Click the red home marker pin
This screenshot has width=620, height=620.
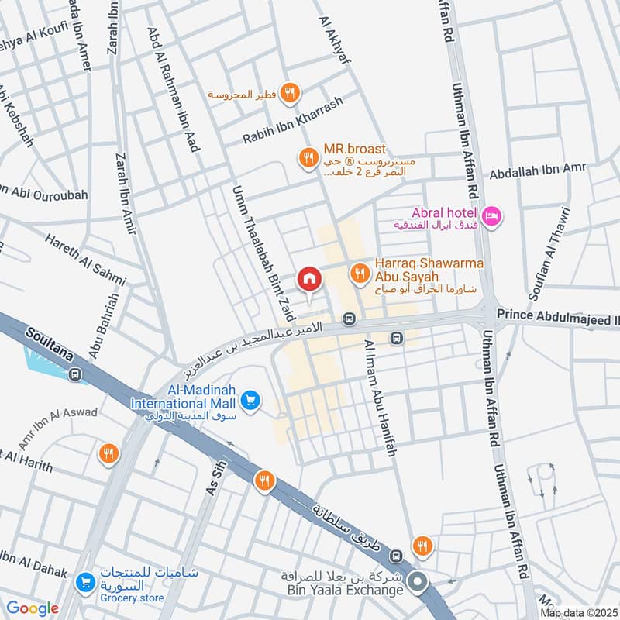pyautogui.click(x=308, y=278)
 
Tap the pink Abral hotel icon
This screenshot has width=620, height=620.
pyautogui.click(x=491, y=215)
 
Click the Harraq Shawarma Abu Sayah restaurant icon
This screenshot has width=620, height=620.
pyautogui.click(x=359, y=271)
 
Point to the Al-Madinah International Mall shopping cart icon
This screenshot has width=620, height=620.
pyautogui.click(x=249, y=399)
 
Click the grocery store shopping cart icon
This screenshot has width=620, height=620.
pyautogui.click(x=85, y=580)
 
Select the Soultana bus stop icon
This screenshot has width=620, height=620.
pyautogui.click(x=75, y=375)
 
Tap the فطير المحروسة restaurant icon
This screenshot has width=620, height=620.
pyautogui.click(x=290, y=94)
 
